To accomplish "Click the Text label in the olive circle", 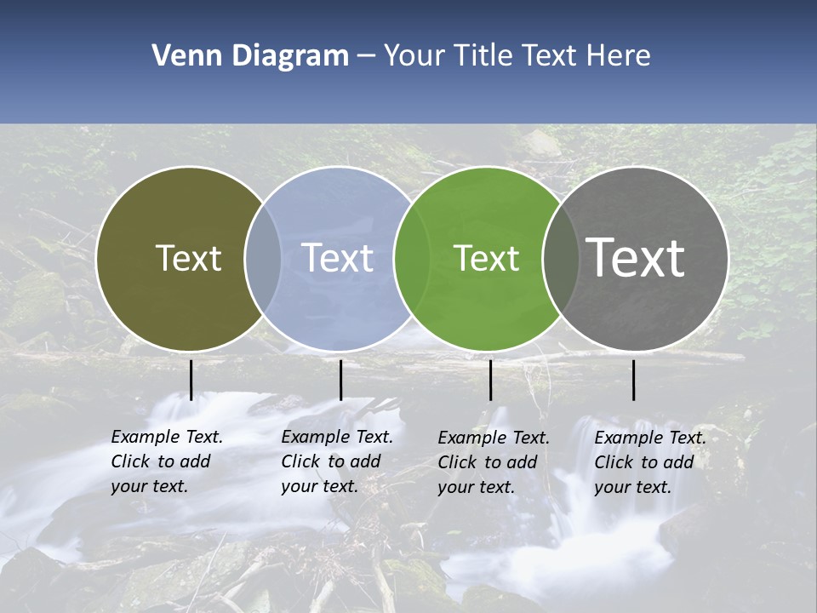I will (188, 258).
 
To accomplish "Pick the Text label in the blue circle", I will (338, 258).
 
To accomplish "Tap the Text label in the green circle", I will (486, 258).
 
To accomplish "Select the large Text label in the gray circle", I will (636, 257).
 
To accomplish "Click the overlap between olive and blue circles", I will (263, 258).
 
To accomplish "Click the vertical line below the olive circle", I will (191, 380).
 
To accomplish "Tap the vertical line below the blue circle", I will (340, 380).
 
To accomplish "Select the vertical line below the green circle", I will (490, 380).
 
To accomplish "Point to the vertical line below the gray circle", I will (633, 380).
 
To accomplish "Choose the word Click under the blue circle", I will (301, 461).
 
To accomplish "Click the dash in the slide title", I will (366, 56).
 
